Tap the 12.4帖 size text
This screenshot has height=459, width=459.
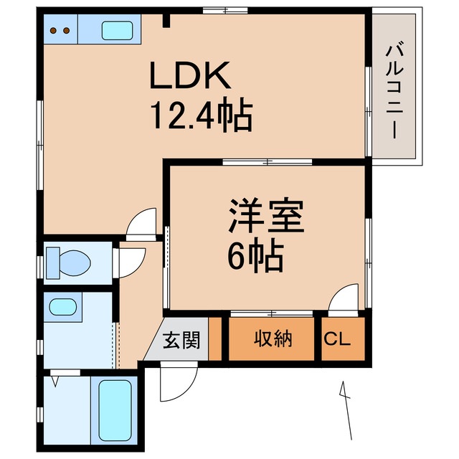(x=200, y=115)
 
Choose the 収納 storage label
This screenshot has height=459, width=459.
(x=273, y=339)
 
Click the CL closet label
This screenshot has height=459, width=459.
(x=336, y=339)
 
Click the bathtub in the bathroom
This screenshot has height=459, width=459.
(x=115, y=411)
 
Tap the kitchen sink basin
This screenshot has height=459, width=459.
(x=117, y=30)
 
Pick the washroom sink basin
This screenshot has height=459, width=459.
(x=62, y=307)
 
